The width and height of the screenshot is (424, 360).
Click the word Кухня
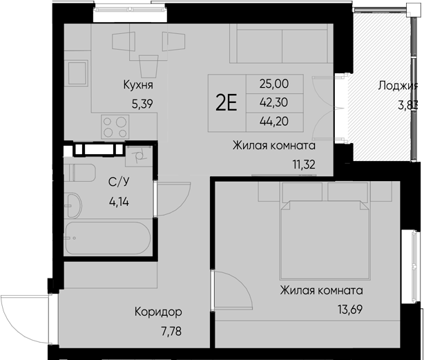(137, 86)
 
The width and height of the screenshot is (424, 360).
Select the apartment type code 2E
(227, 103)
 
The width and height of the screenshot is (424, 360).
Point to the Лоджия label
(398, 86)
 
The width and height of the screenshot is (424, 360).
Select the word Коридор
(158, 311)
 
